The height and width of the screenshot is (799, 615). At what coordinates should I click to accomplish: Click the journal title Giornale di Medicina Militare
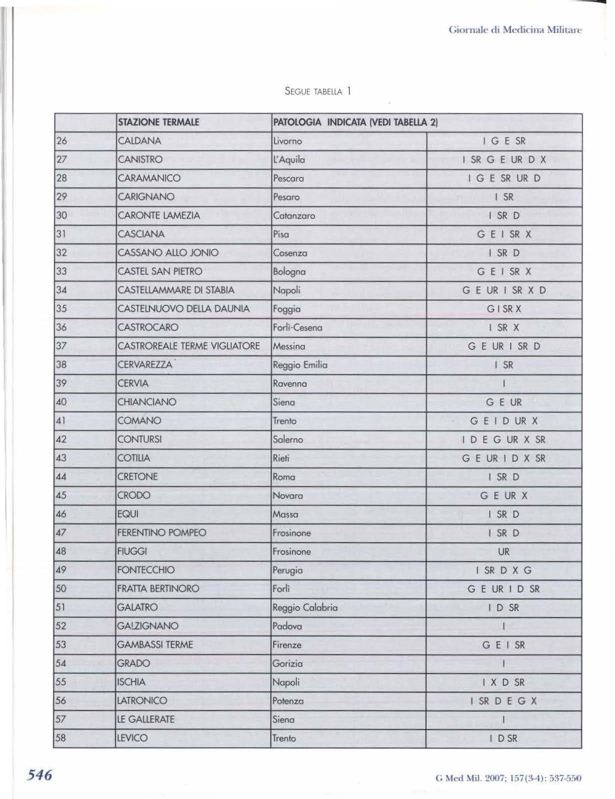[x=515, y=30]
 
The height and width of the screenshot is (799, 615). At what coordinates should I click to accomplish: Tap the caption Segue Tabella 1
[x=317, y=91]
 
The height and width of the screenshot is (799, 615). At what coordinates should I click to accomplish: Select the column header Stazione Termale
[x=158, y=122]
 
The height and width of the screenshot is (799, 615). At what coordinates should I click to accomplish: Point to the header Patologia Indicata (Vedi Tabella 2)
[x=355, y=122]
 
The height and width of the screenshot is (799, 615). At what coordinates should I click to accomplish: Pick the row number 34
[x=61, y=290]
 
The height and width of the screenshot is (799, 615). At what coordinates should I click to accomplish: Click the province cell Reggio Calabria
[x=305, y=608]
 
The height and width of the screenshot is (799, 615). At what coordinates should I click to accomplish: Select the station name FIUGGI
[x=132, y=552]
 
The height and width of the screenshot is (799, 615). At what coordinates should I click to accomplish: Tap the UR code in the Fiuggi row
[x=504, y=552]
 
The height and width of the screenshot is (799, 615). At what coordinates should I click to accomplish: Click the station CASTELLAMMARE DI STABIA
[x=176, y=290]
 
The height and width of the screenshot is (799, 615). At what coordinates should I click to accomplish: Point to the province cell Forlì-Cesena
[x=297, y=328]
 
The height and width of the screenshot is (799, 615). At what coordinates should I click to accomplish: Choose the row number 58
[x=61, y=738]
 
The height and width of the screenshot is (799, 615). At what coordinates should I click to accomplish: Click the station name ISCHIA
[x=131, y=682]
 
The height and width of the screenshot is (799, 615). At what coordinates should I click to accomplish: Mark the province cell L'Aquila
[x=289, y=160]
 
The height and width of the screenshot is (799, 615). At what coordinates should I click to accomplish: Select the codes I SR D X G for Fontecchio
[x=504, y=570]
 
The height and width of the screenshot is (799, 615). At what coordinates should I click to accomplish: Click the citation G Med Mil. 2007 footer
[x=509, y=778]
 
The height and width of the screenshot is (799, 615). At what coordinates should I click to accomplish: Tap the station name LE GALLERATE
[x=145, y=720]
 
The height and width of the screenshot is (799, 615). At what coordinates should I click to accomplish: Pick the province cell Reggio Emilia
[x=300, y=365]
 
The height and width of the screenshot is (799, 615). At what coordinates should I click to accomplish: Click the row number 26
[x=61, y=141]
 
